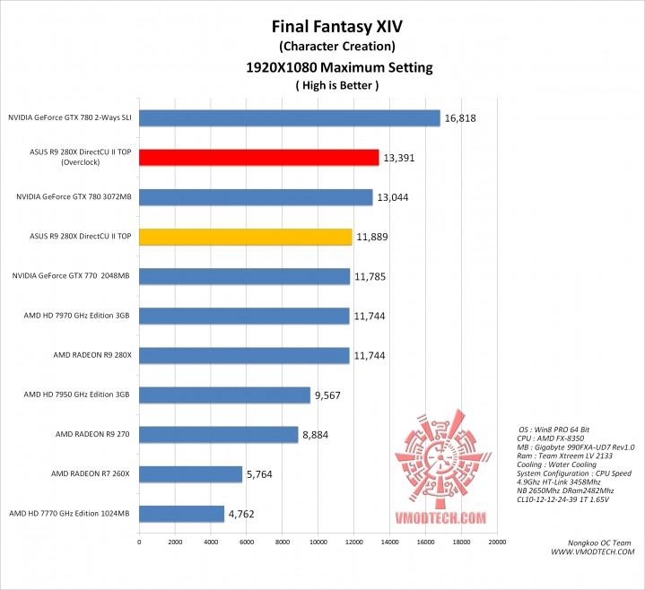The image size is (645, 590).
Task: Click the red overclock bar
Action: pyautogui.click(x=258, y=158)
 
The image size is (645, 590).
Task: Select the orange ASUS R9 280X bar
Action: pyautogui.click(x=245, y=237)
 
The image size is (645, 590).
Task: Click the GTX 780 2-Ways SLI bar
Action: pyautogui.click(x=289, y=118)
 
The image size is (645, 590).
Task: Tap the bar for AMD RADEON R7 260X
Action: pyautogui.click(x=190, y=473)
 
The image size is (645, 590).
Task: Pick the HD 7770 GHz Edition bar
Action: pyautogui.click(x=181, y=513)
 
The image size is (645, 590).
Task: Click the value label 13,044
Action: pyautogui.click(x=393, y=197)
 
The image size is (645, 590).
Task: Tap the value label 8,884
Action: pyautogui.click(x=317, y=434)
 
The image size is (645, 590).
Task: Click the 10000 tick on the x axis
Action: pyautogui.click(x=318, y=542)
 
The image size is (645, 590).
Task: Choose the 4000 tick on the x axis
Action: pyautogui.click(x=211, y=542)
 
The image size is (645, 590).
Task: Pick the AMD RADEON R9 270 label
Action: pyautogui.click(x=93, y=434)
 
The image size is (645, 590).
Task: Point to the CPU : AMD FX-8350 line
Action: pyautogui.click(x=553, y=438)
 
